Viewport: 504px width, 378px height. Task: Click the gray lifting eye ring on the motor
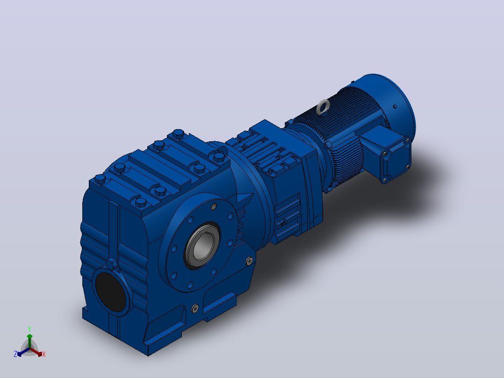(x=323, y=107)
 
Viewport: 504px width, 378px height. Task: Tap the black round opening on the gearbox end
(x=110, y=291)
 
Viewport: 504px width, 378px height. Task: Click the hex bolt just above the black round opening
(x=112, y=264)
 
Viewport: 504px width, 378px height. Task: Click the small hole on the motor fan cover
(x=395, y=107)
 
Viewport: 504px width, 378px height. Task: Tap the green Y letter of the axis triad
(x=29, y=329)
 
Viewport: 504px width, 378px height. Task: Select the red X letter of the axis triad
(x=44, y=354)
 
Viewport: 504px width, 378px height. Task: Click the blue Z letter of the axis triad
(x=15, y=354)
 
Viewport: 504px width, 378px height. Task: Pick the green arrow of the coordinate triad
(x=29, y=341)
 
